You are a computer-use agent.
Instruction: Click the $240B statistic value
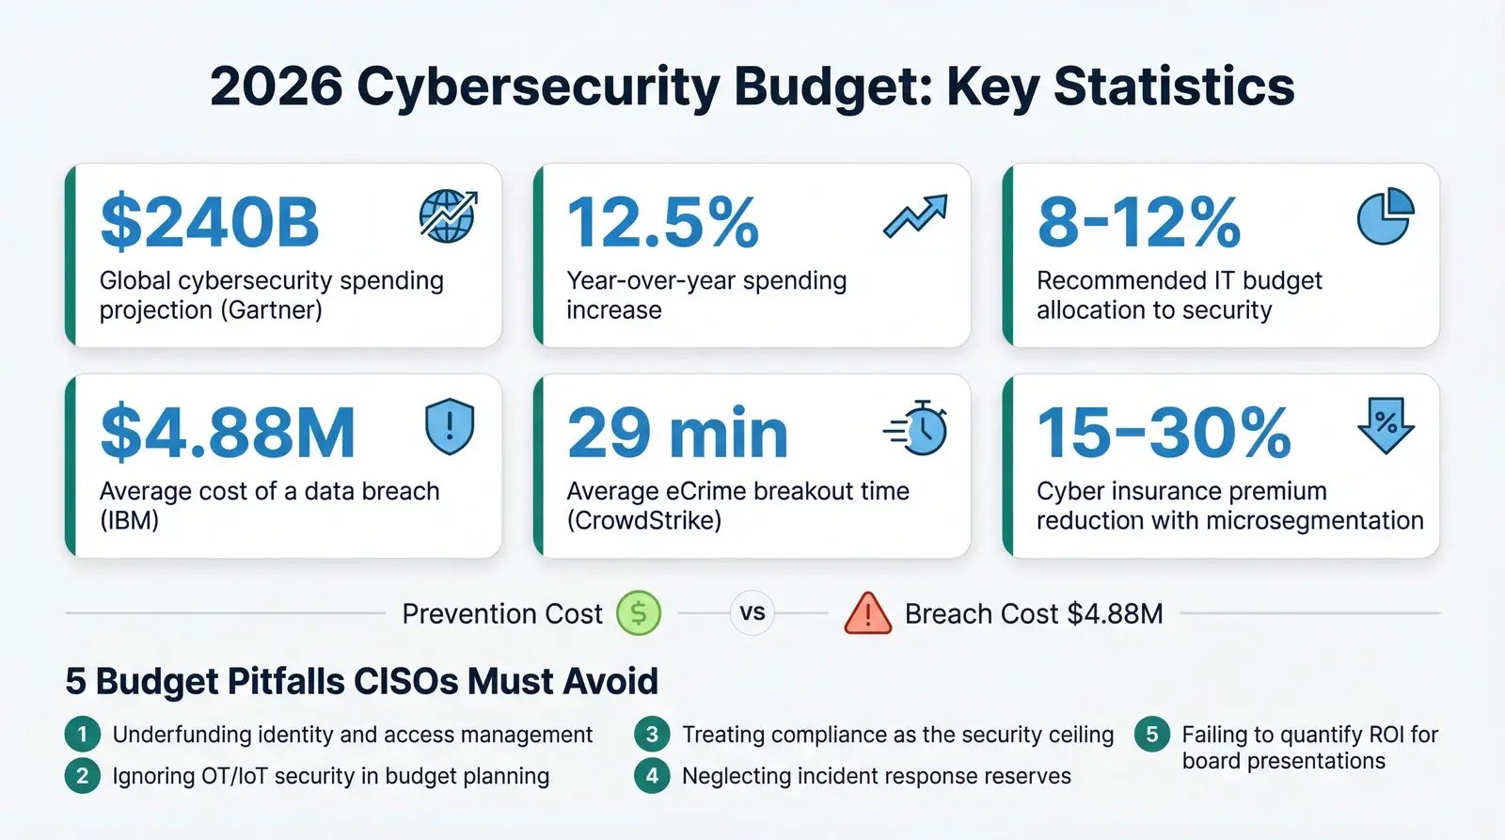click(210, 223)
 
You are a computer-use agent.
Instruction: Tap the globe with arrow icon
click(448, 215)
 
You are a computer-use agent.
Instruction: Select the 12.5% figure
click(662, 223)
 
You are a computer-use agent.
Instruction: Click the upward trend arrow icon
click(915, 216)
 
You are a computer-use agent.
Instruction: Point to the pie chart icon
click(1386, 215)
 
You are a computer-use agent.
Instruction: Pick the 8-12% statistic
click(1138, 223)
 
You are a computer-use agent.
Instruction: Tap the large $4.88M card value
click(228, 434)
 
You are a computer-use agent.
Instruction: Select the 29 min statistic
click(677, 434)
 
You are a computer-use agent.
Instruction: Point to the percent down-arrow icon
click(1386, 425)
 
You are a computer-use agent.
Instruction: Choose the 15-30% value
click(1164, 434)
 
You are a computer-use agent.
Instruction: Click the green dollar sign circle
click(639, 613)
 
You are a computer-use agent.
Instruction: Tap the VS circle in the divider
click(752, 613)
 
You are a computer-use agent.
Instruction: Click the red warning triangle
click(867, 613)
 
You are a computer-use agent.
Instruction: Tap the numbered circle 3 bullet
click(651, 735)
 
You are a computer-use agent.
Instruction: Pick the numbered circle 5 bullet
click(1151, 735)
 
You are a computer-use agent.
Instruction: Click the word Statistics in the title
click(1174, 87)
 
